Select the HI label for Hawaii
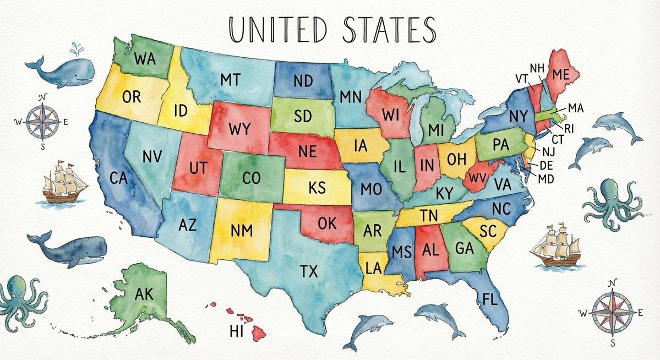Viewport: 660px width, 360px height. [x=236, y=331]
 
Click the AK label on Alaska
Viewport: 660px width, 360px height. [x=144, y=294]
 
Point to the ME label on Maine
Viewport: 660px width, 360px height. [x=561, y=74]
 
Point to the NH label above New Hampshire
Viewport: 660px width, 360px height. [x=537, y=68]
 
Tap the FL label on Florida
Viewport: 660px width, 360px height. [x=489, y=299]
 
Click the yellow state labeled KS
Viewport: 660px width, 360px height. [x=318, y=187]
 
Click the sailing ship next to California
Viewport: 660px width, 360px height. [x=65, y=182]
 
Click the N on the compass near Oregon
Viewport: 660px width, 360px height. [x=43, y=97]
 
